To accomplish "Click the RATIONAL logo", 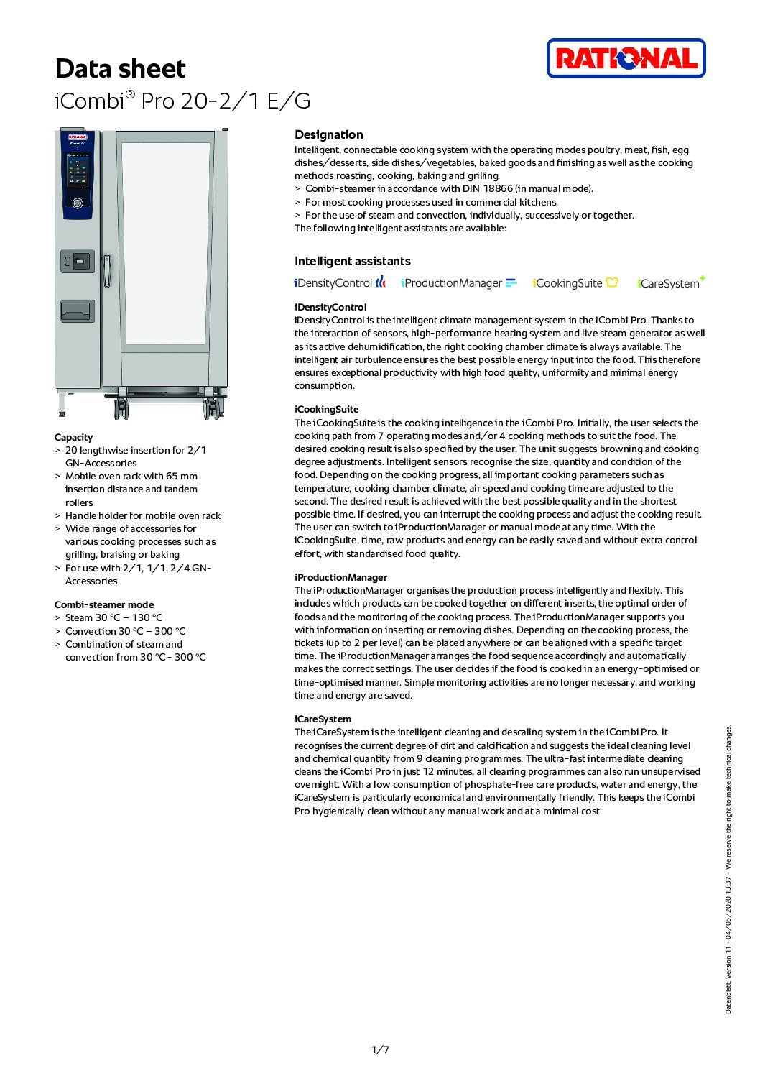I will click(x=626, y=58).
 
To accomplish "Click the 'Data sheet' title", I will click(x=120, y=69).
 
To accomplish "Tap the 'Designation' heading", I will click(x=328, y=134).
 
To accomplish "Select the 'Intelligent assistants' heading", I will click(x=352, y=261).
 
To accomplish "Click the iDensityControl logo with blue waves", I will click(x=340, y=282).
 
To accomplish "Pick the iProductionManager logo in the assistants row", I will click(x=459, y=282).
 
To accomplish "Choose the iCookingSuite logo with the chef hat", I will click(x=575, y=282).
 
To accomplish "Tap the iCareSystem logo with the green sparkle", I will click(x=671, y=282).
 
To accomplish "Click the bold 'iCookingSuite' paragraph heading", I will click(x=326, y=409).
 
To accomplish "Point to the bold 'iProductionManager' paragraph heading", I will click(x=340, y=577).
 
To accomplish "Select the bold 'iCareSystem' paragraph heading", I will click(x=323, y=719).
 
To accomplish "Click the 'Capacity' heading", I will click(x=73, y=437).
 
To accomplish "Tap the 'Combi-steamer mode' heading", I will click(x=103, y=604).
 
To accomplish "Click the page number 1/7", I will click(x=380, y=1049).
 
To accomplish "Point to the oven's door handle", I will click(x=107, y=271).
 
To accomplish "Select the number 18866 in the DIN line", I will click(x=498, y=189).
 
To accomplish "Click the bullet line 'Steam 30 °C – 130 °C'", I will click(x=113, y=617).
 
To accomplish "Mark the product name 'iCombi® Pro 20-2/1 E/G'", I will click(x=182, y=101).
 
